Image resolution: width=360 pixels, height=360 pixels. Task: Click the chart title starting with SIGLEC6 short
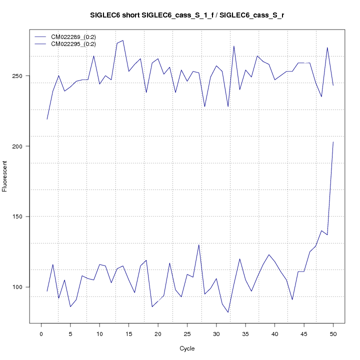coord(187,15)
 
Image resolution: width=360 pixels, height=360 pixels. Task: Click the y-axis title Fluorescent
coord(5,175)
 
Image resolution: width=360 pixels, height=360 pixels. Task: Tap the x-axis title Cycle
coord(187,348)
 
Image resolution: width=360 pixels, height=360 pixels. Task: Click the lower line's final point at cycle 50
coord(333,142)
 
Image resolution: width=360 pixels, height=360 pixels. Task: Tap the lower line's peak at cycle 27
coord(199,244)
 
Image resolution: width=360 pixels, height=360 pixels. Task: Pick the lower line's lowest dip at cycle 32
coord(228,312)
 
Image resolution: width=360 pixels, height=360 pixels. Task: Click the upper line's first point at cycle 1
coord(47,119)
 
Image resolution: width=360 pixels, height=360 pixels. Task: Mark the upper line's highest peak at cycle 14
coord(123,40)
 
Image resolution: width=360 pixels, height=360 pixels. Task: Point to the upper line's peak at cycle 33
coord(234,46)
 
